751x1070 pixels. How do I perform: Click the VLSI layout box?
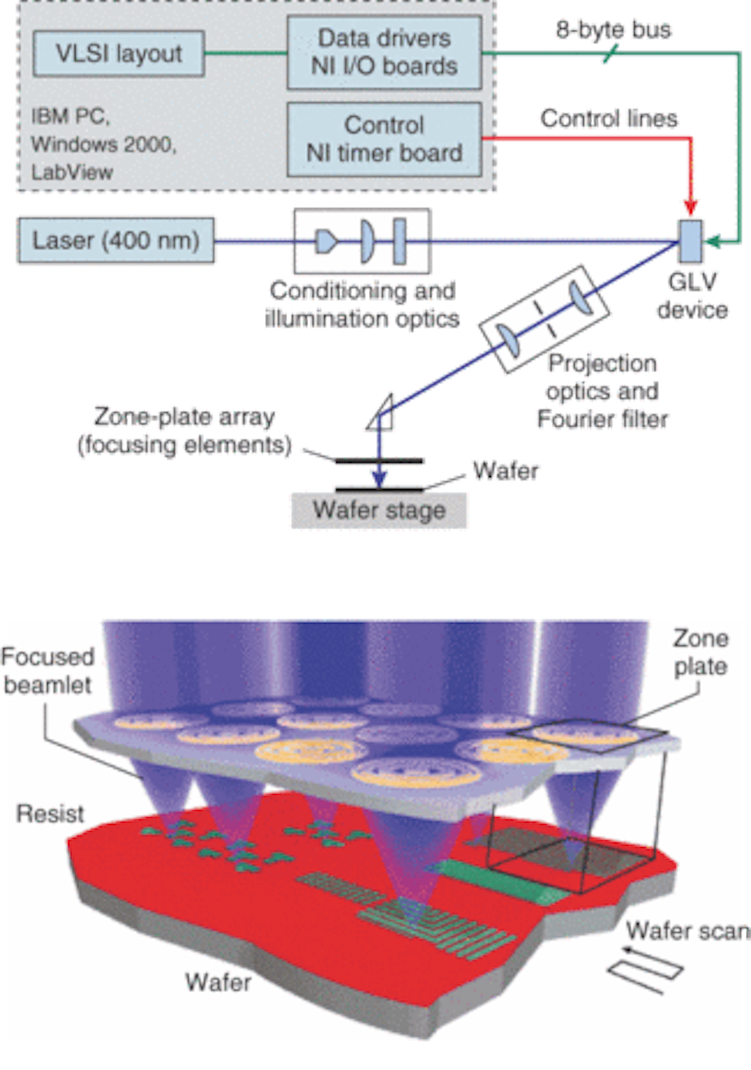[118, 54]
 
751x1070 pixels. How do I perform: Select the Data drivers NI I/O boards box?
[384, 53]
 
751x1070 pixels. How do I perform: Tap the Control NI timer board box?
[384, 139]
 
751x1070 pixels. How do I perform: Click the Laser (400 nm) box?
[116, 241]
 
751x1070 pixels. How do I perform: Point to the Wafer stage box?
[379, 510]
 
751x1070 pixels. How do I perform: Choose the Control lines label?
[609, 118]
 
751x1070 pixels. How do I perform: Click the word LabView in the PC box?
[72, 172]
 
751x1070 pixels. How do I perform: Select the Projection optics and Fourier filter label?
[602, 391]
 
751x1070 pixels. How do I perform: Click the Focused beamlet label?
[48, 670]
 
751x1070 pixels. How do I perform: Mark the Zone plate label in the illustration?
[700, 653]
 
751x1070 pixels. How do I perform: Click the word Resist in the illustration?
[50, 813]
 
